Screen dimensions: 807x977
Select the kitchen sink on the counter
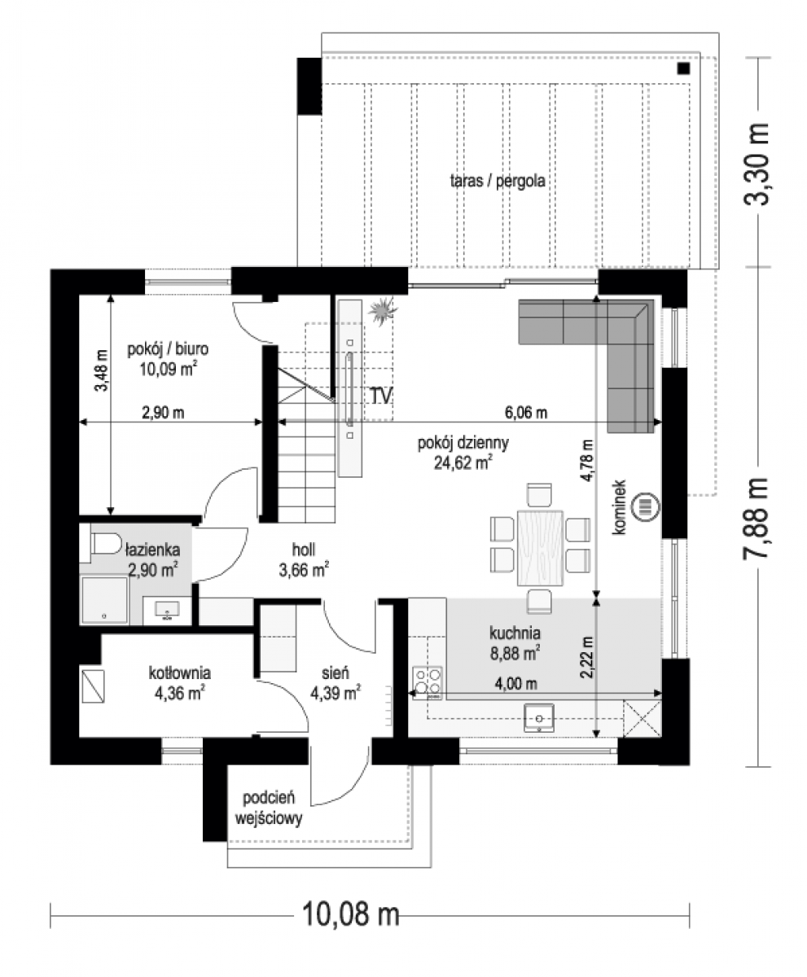pyautogui.click(x=539, y=718)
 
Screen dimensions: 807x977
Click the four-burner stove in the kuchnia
pyautogui.click(x=428, y=683)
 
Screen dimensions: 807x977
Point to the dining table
pyautogui.click(x=540, y=547)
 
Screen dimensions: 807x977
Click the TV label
pyautogui.click(x=381, y=396)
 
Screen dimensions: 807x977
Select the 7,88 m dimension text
pyautogui.click(x=756, y=518)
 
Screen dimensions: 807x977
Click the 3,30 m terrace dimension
pyautogui.click(x=756, y=164)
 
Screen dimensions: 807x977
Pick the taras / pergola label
pyautogui.click(x=498, y=181)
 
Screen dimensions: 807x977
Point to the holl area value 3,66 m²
pyautogui.click(x=304, y=570)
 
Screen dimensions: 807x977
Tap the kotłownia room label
pyautogui.click(x=180, y=673)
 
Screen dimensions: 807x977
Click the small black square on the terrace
pyautogui.click(x=683, y=68)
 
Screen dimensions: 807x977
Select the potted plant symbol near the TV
pyautogui.click(x=383, y=309)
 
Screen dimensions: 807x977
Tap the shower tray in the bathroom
pyautogui.click(x=104, y=600)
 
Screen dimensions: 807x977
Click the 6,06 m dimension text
pyautogui.click(x=526, y=412)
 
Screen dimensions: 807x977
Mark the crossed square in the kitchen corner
pyautogui.click(x=642, y=718)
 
